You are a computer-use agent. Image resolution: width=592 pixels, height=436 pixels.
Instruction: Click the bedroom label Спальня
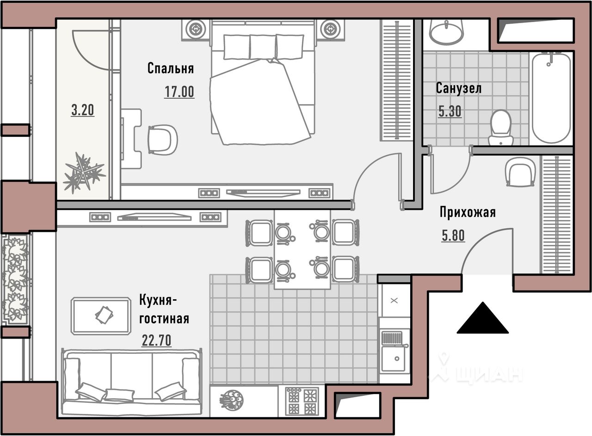171,68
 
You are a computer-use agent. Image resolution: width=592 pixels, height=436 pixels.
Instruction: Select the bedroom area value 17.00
179,91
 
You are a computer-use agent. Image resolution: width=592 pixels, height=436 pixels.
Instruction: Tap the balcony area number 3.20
83,110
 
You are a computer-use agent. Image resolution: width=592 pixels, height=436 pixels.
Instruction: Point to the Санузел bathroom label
458,88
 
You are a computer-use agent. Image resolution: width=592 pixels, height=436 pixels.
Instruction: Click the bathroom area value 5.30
450,111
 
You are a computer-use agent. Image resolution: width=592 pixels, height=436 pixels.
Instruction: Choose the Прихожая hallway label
468,212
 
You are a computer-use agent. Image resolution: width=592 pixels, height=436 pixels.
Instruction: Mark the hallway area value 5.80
453,236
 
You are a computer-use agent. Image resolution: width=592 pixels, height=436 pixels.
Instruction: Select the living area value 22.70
156,340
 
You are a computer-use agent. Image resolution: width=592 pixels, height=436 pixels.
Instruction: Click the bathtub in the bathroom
551,98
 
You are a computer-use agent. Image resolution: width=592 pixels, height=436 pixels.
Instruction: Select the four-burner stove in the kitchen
302,401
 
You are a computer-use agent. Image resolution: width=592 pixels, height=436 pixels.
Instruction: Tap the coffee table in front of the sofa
101,316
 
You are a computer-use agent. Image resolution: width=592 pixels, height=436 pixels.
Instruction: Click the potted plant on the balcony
84,173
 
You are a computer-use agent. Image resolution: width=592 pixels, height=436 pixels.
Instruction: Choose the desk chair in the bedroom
162,139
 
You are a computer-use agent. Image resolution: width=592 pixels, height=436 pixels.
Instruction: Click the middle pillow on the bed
263,47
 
